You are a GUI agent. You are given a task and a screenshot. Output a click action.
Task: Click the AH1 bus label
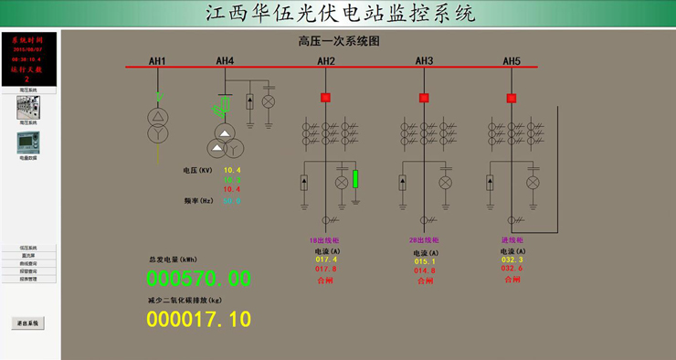pyautogui.click(x=157, y=61)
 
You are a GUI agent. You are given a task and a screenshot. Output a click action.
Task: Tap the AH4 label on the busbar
pyautogui.click(x=225, y=61)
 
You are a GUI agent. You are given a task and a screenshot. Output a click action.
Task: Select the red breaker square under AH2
pyautogui.click(x=325, y=98)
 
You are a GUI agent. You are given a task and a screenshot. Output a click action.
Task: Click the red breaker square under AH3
pyautogui.click(x=424, y=98)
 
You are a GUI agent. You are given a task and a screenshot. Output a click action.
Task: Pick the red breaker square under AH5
pyautogui.click(x=512, y=98)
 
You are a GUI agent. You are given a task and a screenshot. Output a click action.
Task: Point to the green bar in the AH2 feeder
pyautogui.click(x=355, y=178)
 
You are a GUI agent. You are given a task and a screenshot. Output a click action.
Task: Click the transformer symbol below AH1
pyautogui.click(x=159, y=125)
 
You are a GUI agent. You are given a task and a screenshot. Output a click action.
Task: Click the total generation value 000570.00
pyautogui.click(x=198, y=279)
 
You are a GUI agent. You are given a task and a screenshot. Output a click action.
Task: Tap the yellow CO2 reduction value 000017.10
pyautogui.click(x=198, y=319)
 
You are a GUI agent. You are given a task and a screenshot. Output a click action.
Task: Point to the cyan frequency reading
pyautogui.click(x=232, y=200)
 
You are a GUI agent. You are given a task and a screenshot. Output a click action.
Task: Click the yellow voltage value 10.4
pyautogui.click(x=232, y=170)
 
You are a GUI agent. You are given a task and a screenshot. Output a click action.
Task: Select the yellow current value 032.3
pyautogui.click(x=512, y=259)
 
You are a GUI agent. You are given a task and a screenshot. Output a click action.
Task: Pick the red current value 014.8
pyautogui.click(x=425, y=270)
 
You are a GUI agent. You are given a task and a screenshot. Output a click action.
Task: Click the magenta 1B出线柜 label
pyautogui.click(x=325, y=241)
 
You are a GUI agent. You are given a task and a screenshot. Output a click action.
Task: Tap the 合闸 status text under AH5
pyautogui.click(x=512, y=280)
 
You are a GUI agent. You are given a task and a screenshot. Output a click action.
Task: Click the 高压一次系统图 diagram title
pyautogui.click(x=338, y=41)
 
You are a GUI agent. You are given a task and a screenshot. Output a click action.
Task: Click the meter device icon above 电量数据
pyautogui.click(x=28, y=143)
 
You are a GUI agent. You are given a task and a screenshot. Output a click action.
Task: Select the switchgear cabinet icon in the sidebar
pyautogui.click(x=28, y=108)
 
